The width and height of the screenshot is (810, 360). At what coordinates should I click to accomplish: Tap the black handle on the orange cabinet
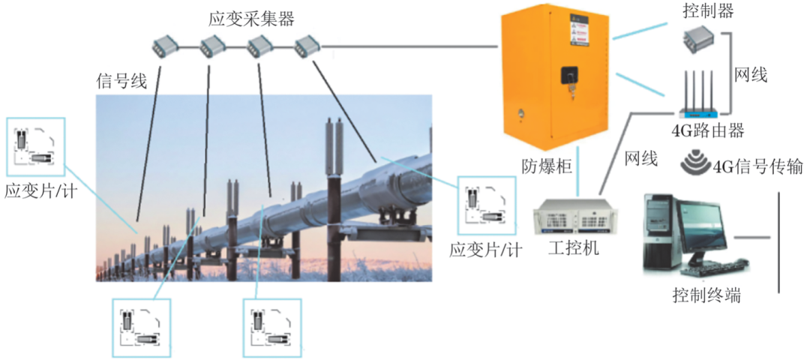(x=570, y=77)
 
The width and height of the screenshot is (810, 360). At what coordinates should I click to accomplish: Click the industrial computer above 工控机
(x=574, y=217)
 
